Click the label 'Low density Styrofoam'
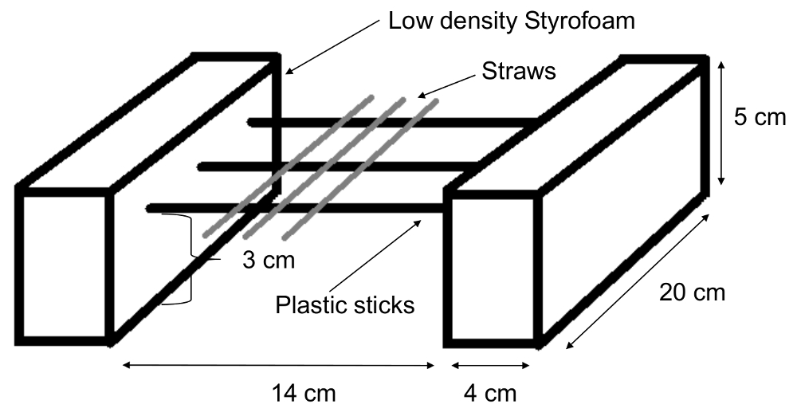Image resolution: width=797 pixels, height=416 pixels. [512, 22]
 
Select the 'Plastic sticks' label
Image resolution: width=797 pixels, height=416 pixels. [345, 304]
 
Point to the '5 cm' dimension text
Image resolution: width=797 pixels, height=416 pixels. [759, 118]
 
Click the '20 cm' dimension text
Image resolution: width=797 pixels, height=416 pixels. [692, 293]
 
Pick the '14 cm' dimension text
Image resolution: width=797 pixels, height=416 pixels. [304, 393]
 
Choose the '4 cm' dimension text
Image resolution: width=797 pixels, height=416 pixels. [489, 393]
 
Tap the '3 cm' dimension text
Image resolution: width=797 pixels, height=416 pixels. [264, 261]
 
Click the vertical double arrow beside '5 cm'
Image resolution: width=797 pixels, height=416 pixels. [721, 124]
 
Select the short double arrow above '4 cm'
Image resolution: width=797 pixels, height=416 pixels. [489, 366]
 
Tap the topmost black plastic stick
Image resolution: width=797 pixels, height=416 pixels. [391, 123]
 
